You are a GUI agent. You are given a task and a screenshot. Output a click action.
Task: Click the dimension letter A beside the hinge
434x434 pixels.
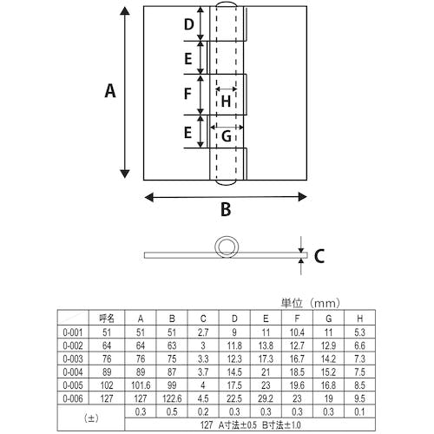[x=110, y=91]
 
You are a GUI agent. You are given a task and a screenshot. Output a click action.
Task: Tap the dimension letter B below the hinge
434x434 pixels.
[x=226, y=209]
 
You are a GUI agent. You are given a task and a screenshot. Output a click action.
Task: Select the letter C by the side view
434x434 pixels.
[x=319, y=256]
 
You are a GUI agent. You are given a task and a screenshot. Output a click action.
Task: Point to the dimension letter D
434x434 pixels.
[x=189, y=24]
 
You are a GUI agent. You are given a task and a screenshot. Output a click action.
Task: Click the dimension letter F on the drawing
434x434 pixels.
[x=187, y=94]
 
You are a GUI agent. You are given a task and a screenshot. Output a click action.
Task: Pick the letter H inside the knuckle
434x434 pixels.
[x=226, y=102]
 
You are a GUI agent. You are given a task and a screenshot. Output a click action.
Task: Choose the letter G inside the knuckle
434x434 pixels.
[x=227, y=136]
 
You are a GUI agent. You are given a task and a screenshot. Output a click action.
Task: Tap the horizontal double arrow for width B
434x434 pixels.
[x=226, y=197]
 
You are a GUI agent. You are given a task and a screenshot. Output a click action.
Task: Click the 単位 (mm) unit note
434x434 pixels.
[x=311, y=303]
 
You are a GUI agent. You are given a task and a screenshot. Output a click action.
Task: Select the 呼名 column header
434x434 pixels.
[x=107, y=319]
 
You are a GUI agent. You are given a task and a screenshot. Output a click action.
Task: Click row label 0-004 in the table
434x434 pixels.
[x=73, y=372]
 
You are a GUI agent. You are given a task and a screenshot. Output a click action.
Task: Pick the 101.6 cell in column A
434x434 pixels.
[x=141, y=385]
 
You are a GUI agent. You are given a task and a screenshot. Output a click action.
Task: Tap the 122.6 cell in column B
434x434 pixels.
[x=172, y=398]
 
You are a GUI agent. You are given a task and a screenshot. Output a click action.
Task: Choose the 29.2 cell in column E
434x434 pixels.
[x=266, y=398]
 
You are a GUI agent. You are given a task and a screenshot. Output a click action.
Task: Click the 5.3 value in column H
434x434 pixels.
[x=359, y=332]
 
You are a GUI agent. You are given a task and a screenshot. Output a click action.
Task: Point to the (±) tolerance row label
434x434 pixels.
[x=91, y=418]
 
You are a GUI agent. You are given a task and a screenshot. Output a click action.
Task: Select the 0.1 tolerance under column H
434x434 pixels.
[x=359, y=411]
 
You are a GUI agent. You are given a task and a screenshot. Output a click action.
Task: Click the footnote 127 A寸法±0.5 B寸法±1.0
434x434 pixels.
[x=251, y=425]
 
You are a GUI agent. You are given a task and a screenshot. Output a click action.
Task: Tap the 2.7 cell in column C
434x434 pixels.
[x=203, y=332]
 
